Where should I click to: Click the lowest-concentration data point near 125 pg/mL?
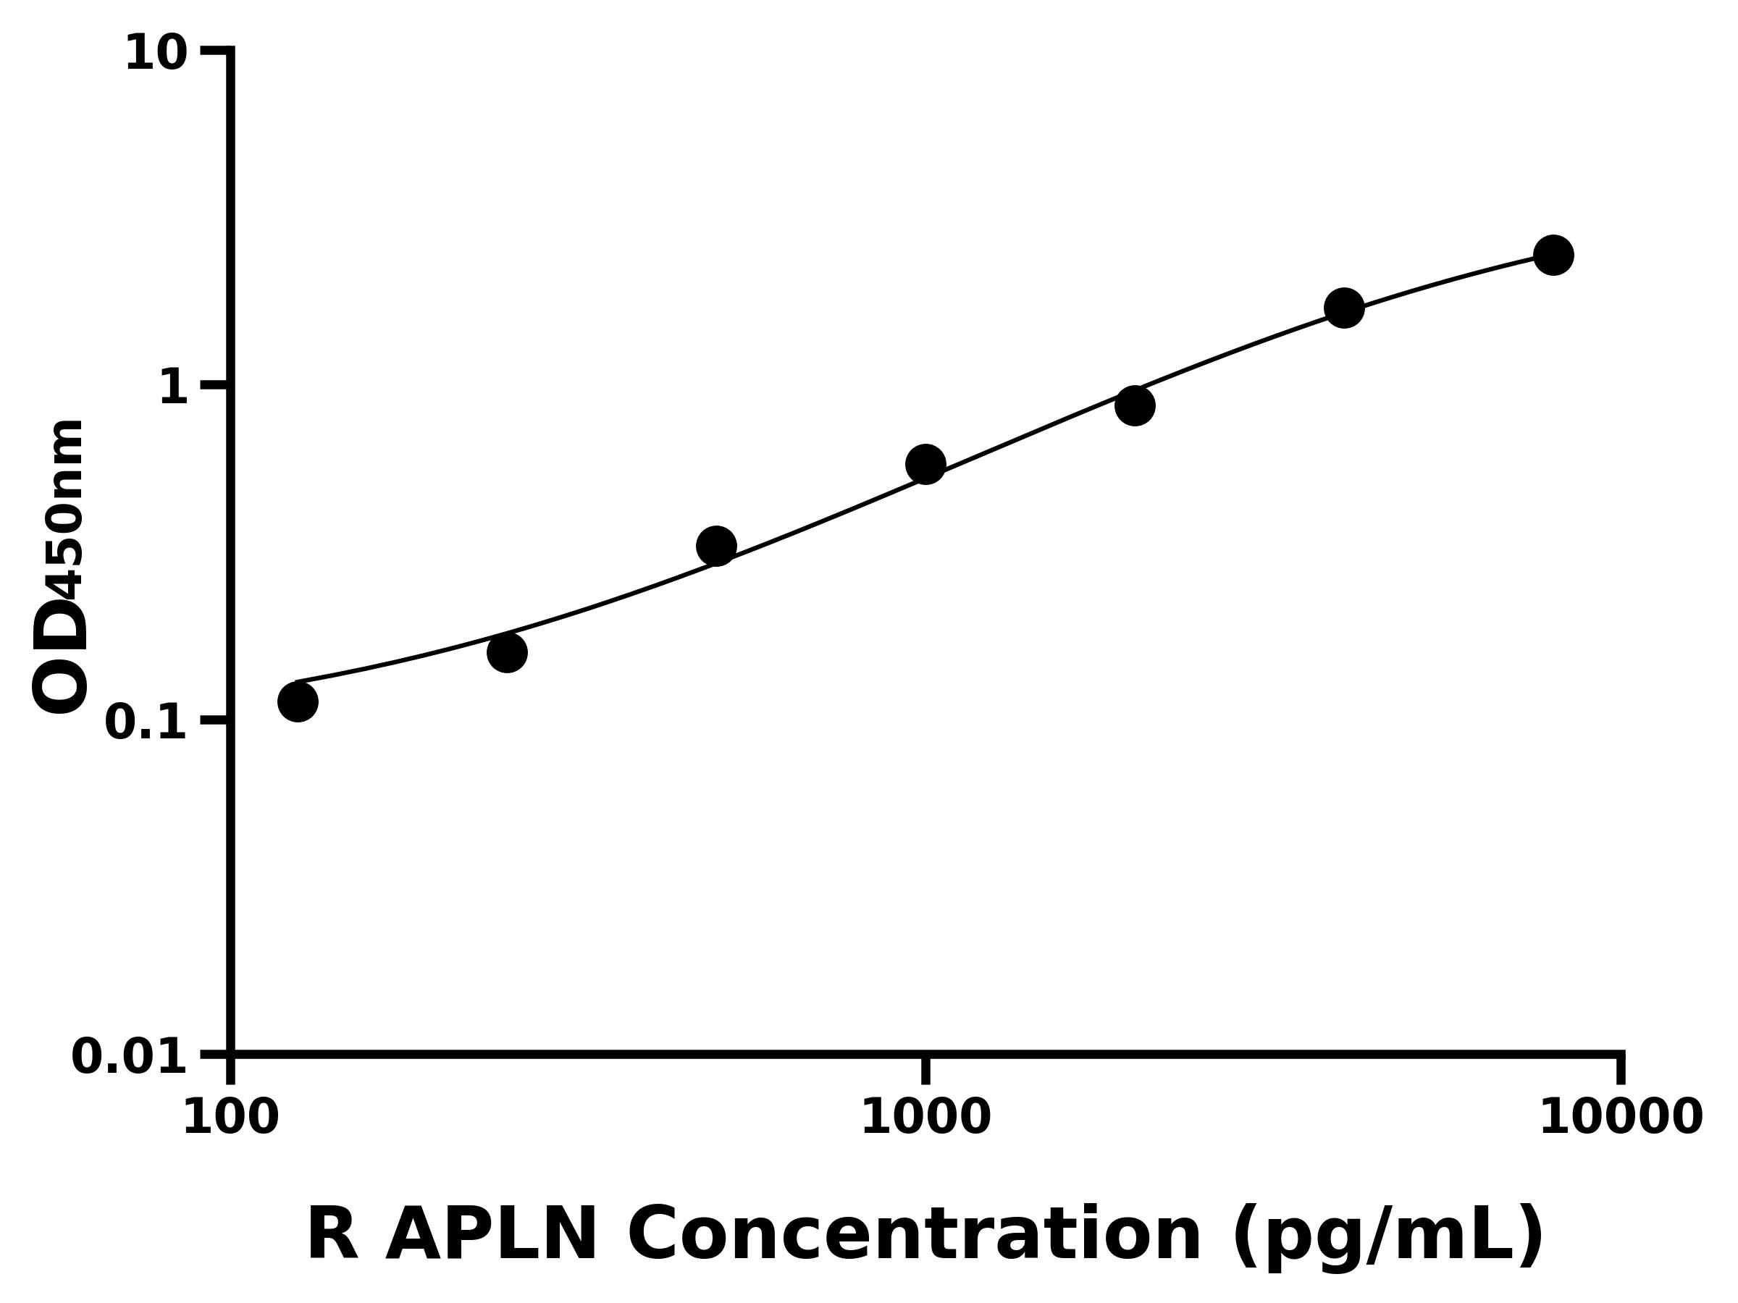coord(298,701)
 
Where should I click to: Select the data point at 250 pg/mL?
coord(507,653)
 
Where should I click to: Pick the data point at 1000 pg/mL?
coord(925,465)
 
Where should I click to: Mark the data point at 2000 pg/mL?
coord(1135,406)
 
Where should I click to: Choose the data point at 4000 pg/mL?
coord(1344,308)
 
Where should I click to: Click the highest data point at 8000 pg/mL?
coord(1553,256)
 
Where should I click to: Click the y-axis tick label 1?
coord(174,388)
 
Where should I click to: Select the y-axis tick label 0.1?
coord(146,722)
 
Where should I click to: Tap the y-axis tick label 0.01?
coord(130,1057)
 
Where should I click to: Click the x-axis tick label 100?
coord(231,1118)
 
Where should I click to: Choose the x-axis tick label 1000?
coord(925,1118)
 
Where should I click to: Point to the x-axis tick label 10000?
coord(1620,1118)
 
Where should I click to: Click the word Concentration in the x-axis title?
coord(914,1235)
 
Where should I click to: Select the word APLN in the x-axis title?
coord(492,1235)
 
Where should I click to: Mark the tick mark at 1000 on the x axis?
coord(925,1069)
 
